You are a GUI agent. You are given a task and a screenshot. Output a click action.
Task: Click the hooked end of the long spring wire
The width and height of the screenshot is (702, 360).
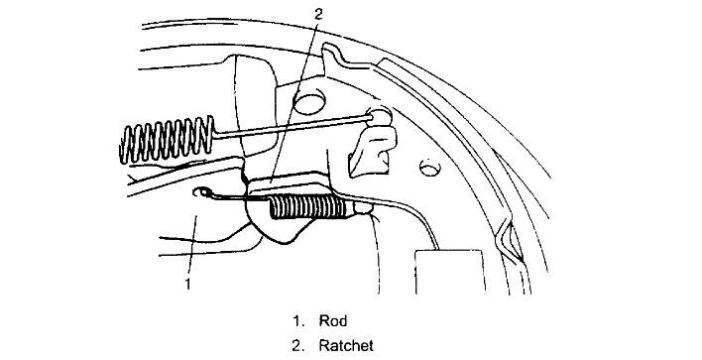pos(377,117)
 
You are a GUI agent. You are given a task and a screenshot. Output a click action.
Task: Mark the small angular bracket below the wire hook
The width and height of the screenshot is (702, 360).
pos(370,150)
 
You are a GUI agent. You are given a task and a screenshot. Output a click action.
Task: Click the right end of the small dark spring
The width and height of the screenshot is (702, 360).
pos(348,209)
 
